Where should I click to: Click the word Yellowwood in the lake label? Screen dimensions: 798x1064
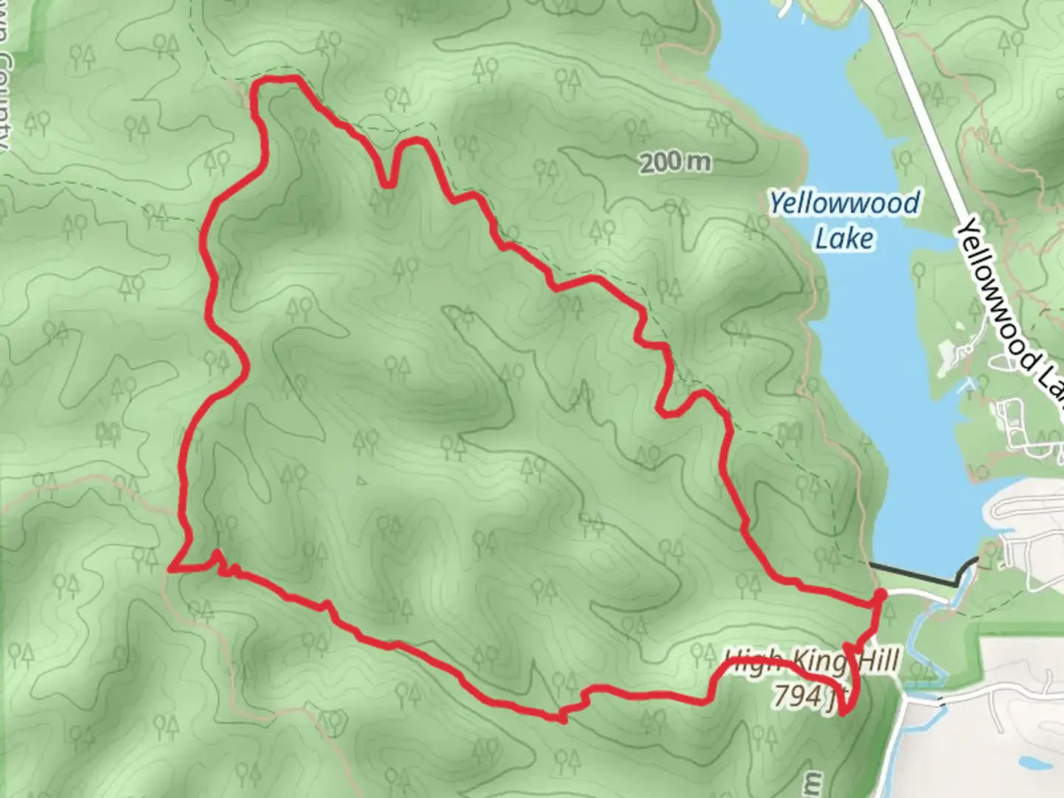click(x=845, y=203)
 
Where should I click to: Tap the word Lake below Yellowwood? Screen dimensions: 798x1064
click(x=844, y=239)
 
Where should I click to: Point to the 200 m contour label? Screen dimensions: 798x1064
click(x=675, y=162)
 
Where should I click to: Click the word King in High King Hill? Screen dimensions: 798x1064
click(x=816, y=660)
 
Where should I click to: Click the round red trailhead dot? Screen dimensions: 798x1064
click(x=879, y=595)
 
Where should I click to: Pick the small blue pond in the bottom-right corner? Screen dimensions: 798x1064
click(x=1029, y=763)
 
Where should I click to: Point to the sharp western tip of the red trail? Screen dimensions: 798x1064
click(x=171, y=570)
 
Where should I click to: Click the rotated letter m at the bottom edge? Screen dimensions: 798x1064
click(x=811, y=782)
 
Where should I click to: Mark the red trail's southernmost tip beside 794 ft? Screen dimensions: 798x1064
click(x=842, y=712)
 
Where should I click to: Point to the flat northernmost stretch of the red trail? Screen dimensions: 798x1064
click(x=277, y=79)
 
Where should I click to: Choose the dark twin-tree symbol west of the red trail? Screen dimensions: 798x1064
click(x=108, y=432)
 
